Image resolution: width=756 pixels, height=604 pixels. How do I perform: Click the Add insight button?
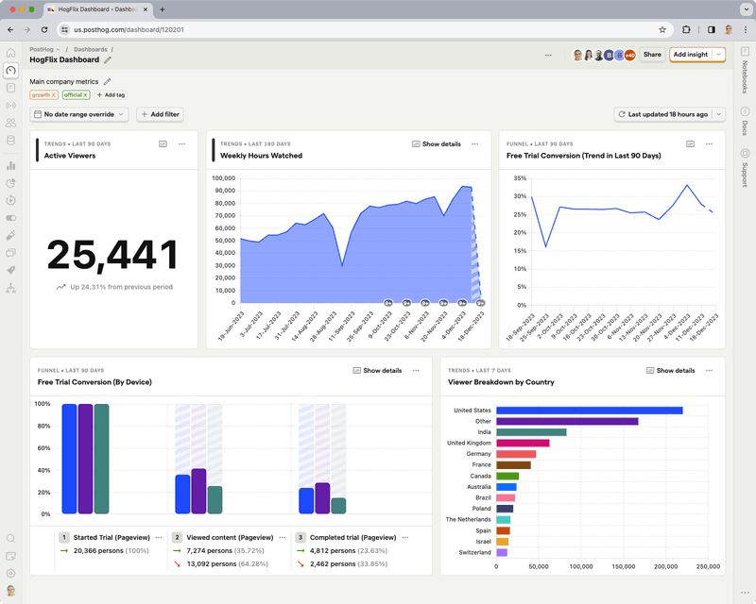[690, 55]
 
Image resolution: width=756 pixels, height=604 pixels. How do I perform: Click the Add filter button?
[160, 114]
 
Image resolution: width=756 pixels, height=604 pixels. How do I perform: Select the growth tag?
[42, 95]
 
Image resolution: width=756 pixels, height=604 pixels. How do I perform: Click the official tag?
[73, 95]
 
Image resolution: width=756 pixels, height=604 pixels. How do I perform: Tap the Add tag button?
[111, 95]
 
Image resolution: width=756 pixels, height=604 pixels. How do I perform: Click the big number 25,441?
[112, 255]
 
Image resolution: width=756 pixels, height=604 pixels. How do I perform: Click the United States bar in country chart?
[589, 411]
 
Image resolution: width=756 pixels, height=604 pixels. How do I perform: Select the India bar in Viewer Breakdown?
[531, 432]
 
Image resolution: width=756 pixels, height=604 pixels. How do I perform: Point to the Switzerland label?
[474, 552]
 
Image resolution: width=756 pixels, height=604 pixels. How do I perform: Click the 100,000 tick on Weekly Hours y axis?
[223, 177]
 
